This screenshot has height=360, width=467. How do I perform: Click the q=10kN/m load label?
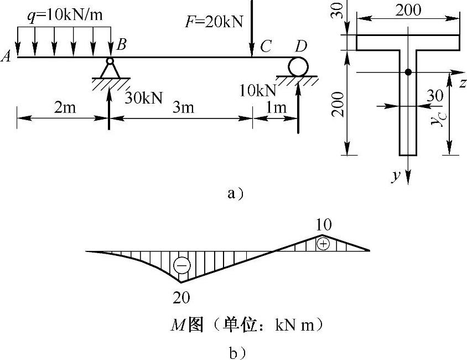65,15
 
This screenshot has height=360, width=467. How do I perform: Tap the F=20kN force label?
214,22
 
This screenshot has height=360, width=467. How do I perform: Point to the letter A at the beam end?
6,56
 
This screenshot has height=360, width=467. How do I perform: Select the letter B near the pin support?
121,44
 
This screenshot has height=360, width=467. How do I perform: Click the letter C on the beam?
266,46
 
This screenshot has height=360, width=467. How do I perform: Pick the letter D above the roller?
301,46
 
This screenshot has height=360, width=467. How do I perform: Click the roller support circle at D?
298,67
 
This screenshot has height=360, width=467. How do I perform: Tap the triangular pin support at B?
110,68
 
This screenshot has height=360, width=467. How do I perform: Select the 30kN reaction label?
143,97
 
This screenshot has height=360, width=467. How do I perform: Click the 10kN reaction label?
258,90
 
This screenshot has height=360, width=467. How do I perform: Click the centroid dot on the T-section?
408,72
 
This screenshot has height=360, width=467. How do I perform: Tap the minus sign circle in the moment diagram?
181,265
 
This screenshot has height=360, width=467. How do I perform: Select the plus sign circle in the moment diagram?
323,244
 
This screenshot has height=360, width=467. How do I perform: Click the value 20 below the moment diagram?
181,297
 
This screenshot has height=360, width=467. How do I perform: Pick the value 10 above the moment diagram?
324,225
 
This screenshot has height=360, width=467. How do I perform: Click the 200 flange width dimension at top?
408,10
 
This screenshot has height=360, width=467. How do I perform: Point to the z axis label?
462,83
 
